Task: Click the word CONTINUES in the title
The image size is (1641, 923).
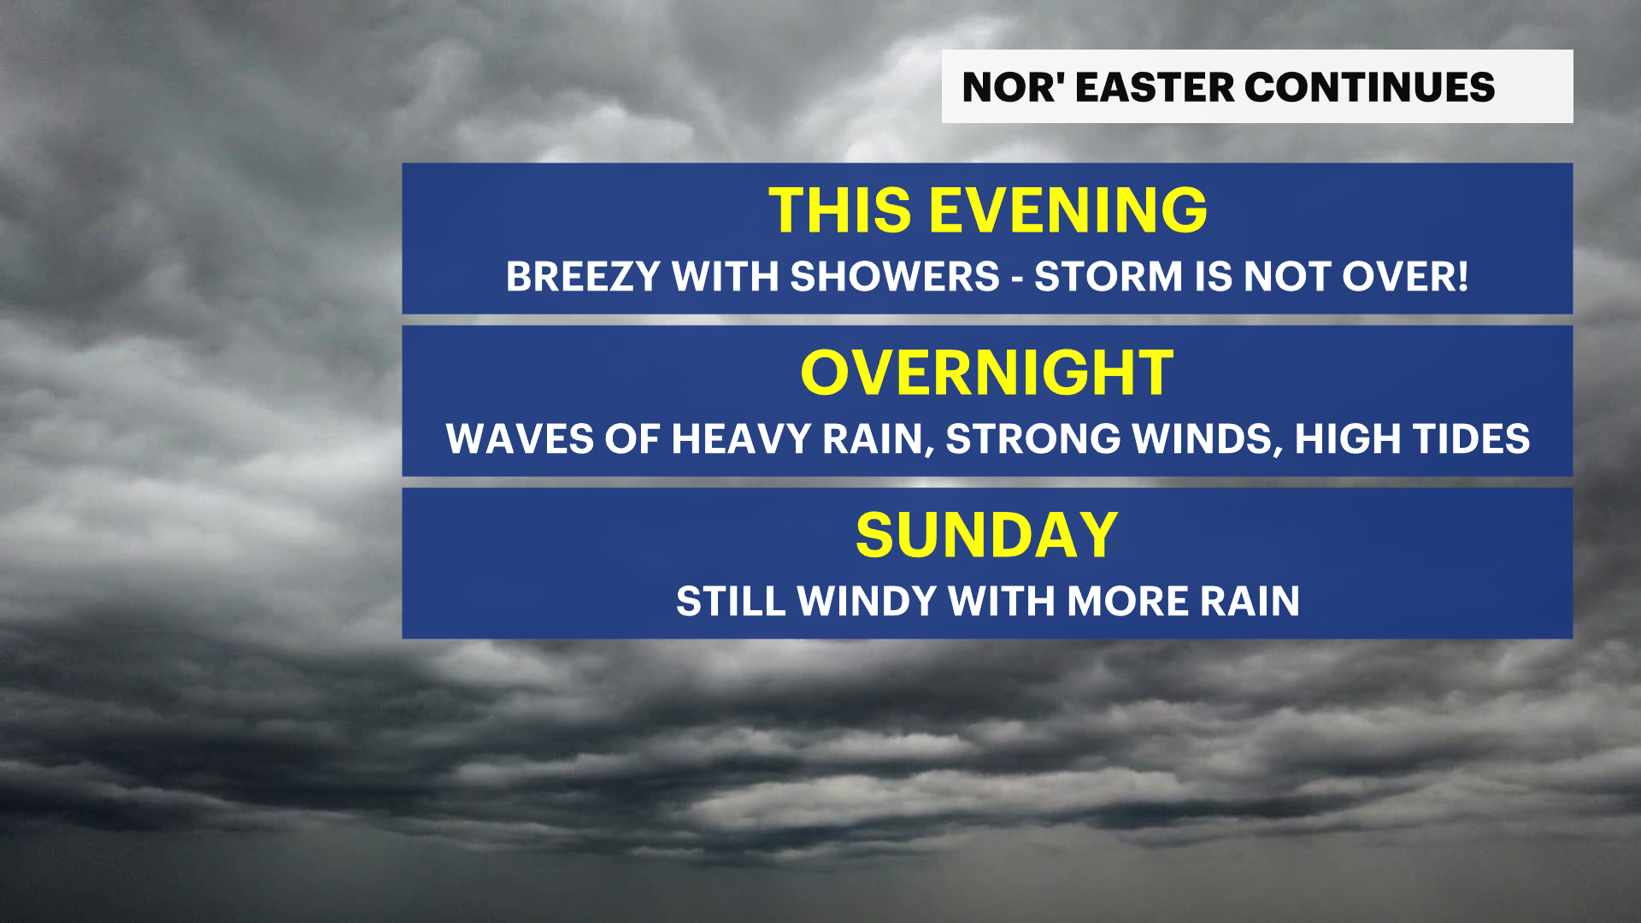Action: [x=1369, y=87]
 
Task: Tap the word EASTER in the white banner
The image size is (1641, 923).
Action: [x=1155, y=87]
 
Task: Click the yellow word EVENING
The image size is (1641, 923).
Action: [x=1068, y=210]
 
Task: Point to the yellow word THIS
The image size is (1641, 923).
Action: [x=841, y=210]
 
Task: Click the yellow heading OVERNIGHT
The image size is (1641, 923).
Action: [x=987, y=373]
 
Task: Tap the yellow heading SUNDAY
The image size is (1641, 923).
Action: [x=987, y=535]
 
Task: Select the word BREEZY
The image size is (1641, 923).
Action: [x=583, y=277]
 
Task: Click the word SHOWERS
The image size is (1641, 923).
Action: [x=895, y=277]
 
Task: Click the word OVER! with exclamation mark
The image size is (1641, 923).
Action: [x=1405, y=277]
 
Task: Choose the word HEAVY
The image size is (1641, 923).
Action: [x=741, y=439]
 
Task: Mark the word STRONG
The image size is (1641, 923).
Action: [x=1033, y=439]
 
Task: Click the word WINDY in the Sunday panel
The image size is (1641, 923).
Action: [x=868, y=602]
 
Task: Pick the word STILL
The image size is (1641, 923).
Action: [x=731, y=602]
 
